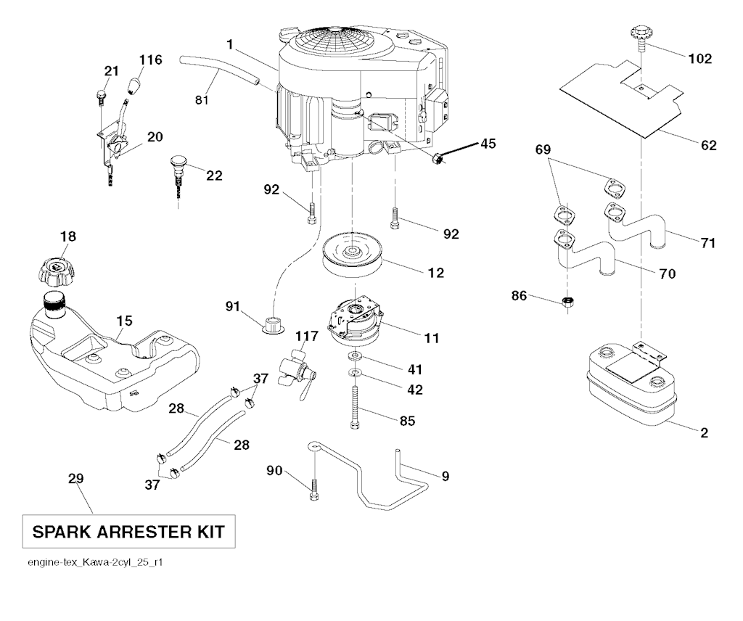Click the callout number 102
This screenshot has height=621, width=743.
click(699, 59)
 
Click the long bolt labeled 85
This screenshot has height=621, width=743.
click(356, 408)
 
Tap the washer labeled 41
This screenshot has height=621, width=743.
click(356, 358)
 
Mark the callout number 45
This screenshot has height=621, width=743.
click(488, 143)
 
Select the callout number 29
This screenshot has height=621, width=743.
click(76, 479)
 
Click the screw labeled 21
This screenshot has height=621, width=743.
click(101, 95)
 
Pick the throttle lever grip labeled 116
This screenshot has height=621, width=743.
click(135, 86)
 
